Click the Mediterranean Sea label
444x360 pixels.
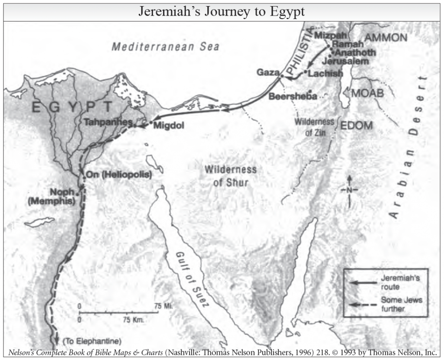(x=165, y=47)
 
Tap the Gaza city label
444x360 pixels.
(x=267, y=72)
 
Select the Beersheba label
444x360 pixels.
(x=293, y=97)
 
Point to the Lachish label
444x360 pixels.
(x=325, y=74)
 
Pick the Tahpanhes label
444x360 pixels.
(x=108, y=122)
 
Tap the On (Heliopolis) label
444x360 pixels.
(x=119, y=175)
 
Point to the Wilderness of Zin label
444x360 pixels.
(x=314, y=127)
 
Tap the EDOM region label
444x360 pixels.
(x=356, y=126)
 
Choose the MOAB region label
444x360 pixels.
(x=368, y=93)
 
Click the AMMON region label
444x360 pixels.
(x=386, y=38)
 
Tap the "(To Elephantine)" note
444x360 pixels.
(x=92, y=340)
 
